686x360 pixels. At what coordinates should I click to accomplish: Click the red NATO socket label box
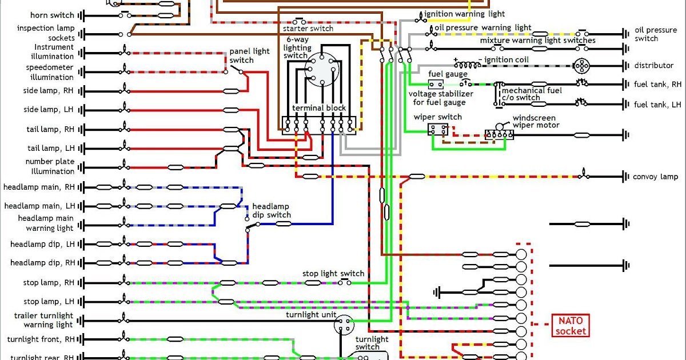[x=570, y=325]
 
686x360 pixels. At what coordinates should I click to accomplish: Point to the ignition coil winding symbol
[x=466, y=64]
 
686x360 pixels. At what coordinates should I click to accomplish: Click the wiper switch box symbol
[x=438, y=130]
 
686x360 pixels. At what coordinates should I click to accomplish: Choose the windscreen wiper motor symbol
[x=499, y=134]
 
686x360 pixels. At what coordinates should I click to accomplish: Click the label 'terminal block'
[x=319, y=108]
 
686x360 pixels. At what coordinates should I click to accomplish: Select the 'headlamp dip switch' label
[x=272, y=211]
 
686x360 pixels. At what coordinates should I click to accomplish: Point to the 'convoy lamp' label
[x=655, y=177]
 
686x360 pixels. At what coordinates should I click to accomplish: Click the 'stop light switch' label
[x=333, y=274]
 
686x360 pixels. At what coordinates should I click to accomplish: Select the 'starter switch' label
[x=308, y=29]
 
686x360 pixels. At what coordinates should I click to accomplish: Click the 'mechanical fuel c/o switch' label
[x=532, y=94]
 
